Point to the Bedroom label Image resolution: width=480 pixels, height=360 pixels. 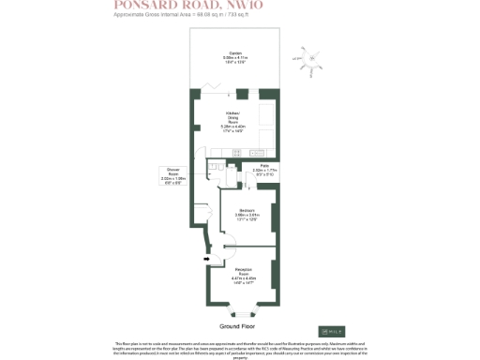point(247,215)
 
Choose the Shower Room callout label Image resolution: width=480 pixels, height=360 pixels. point(175,173)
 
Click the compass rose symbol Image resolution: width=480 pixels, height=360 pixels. point(310,58)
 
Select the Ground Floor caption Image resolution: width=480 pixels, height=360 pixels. point(238,326)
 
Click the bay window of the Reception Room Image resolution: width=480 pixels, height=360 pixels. point(243,310)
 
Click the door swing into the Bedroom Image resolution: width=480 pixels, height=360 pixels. point(225,194)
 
